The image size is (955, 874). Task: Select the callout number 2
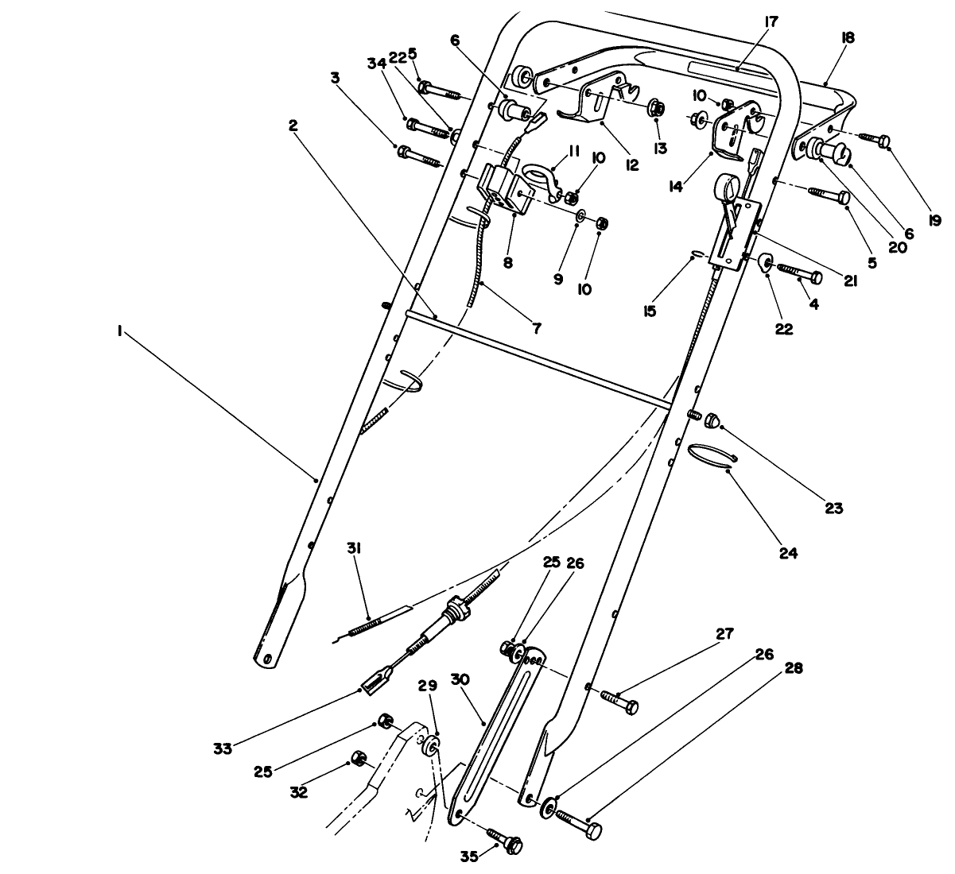293,126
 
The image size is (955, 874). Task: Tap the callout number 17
771,21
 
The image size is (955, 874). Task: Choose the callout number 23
833,508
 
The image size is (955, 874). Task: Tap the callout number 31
354,548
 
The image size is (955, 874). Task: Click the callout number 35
470,857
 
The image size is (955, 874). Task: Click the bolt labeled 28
579,823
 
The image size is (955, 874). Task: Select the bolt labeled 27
619,702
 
